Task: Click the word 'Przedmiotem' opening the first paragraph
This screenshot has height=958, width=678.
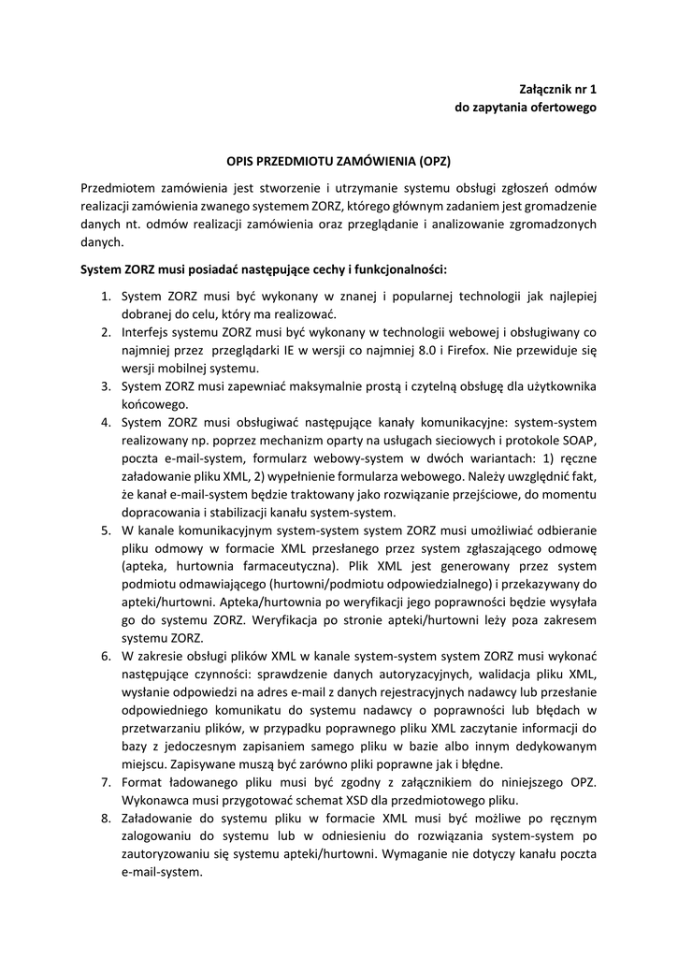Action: pos(118,187)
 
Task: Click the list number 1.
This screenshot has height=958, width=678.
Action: pos(106,296)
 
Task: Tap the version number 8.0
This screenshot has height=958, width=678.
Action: pos(415,350)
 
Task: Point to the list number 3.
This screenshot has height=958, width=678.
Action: pos(106,386)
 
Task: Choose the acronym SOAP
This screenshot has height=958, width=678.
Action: pos(581,440)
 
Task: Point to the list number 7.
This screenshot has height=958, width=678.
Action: pos(106,781)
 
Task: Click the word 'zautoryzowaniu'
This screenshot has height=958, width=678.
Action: pos(164,853)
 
